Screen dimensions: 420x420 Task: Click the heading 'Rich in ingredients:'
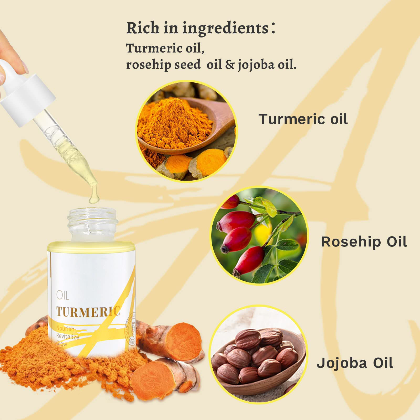pyautogui.click(x=201, y=28)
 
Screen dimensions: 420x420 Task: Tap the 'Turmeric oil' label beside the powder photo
pyautogui.click(x=303, y=119)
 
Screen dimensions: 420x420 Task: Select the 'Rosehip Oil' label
pyautogui.click(x=364, y=242)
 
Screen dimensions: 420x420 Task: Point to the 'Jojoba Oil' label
pyautogui.click(x=355, y=363)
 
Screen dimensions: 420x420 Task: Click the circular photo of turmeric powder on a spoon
pyautogui.click(x=186, y=131)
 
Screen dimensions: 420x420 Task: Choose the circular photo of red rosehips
pyautogui.click(x=259, y=235)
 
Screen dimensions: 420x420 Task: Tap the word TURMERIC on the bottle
pyautogui.click(x=88, y=312)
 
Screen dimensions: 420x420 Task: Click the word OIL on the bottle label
pyautogui.click(x=62, y=296)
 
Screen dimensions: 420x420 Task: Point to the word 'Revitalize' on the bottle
pyautogui.click(x=68, y=336)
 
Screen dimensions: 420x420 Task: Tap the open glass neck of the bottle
pyautogui.click(x=92, y=223)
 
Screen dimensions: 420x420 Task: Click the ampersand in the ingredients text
pyautogui.click(x=229, y=64)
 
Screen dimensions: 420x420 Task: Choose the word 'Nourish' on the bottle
pyautogui.click(x=65, y=328)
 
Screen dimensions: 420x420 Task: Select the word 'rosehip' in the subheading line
pyautogui.click(x=148, y=65)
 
